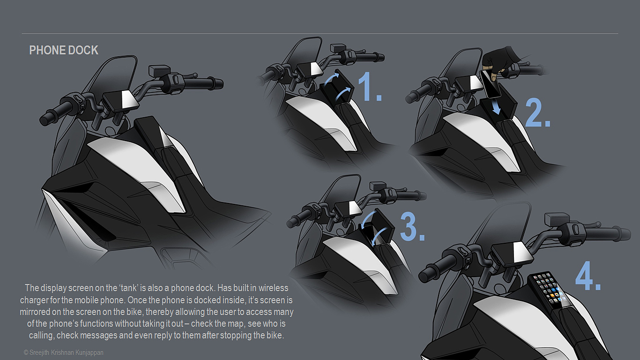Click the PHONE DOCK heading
(64, 50)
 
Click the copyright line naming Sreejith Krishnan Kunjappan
(63, 352)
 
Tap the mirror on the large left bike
(156, 70)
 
